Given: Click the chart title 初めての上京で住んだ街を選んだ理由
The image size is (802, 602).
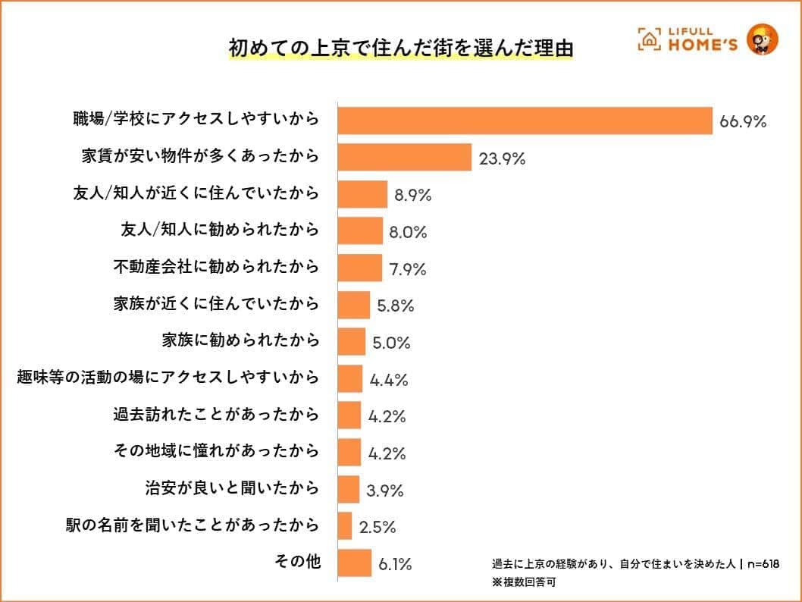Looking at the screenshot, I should (x=400, y=47).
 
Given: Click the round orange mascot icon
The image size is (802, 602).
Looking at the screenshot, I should (x=762, y=39).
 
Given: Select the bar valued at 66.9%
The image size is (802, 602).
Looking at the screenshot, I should (x=525, y=121).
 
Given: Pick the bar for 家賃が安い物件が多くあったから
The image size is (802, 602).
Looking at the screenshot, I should (x=405, y=158).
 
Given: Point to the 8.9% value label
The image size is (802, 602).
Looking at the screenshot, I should (x=412, y=196).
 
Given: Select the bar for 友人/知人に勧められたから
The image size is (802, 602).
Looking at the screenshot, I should (x=360, y=231).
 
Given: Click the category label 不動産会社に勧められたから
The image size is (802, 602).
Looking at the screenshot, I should (x=217, y=268).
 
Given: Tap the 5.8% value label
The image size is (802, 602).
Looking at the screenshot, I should (x=395, y=306).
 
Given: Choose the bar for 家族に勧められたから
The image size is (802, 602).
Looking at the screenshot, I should (x=351, y=342).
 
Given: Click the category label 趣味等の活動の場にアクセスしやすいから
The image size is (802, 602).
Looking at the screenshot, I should (x=168, y=378).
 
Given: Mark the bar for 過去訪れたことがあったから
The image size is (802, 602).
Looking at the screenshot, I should (x=349, y=415).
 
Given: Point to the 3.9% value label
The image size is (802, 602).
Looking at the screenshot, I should (x=386, y=491).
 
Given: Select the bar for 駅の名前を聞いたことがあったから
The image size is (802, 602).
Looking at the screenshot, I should (x=344, y=526).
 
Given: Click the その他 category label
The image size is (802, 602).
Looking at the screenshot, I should (x=297, y=563).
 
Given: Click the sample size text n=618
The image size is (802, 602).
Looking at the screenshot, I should (x=763, y=565).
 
